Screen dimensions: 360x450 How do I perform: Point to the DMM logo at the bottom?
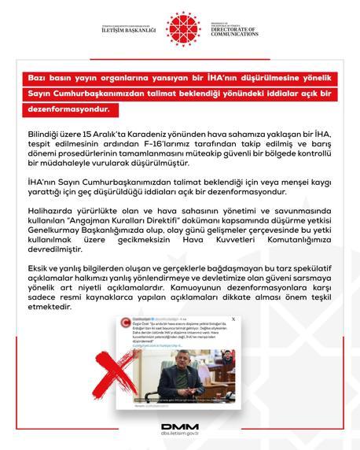179,429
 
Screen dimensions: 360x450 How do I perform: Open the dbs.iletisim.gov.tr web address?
179,440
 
